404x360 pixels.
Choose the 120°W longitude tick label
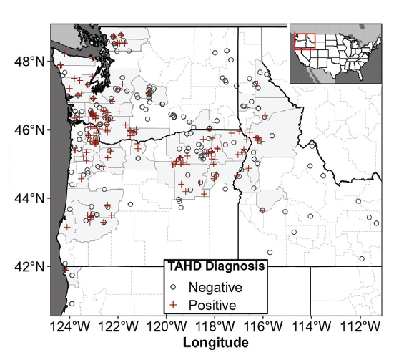click(x=168, y=327)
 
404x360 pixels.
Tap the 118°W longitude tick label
click(x=216, y=327)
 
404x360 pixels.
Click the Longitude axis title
click(x=216, y=344)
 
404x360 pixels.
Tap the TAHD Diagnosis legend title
click(x=217, y=267)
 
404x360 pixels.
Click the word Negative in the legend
click(x=216, y=287)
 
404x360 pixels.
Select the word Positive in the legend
click(x=213, y=304)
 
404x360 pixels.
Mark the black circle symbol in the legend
click(x=174, y=288)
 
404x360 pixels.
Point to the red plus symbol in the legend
click(x=174, y=304)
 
